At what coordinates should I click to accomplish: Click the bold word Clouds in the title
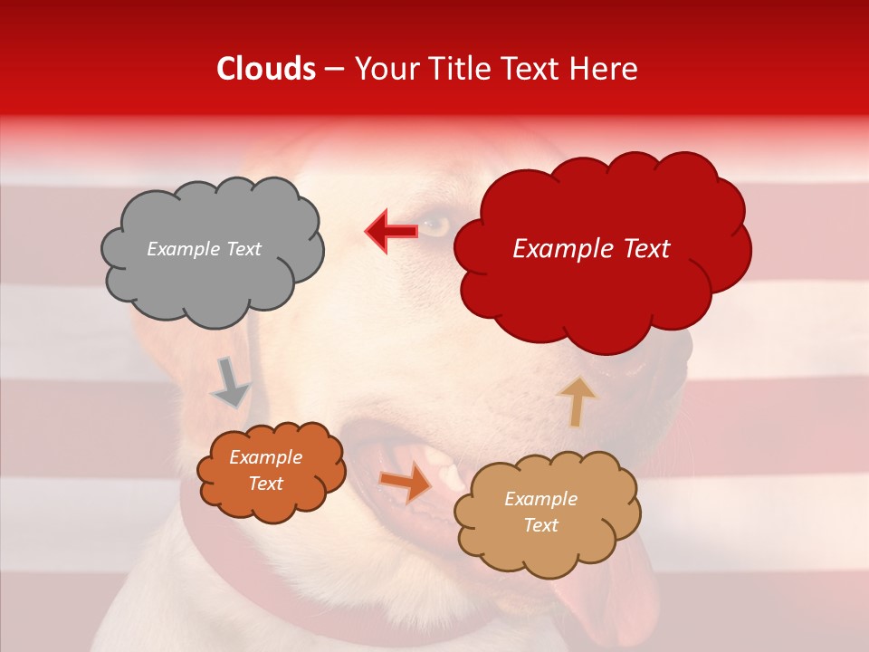pyautogui.click(x=266, y=69)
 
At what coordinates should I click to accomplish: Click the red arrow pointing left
pyautogui.click(x=392, y=232)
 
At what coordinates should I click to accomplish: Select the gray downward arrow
pyautogui.click(x=232, y=382)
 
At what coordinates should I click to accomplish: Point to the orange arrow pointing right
pyautogui.click(x=405, y=482)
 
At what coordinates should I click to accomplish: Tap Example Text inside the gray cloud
pyautogui.click(x=204, y=249)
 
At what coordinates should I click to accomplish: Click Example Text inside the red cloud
pyautogui.click(x=591, y=249)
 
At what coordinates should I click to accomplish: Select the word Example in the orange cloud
pyautogui.click(x=265, y=458)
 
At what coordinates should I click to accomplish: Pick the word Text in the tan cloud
pyautogui.click(x=540, y=526)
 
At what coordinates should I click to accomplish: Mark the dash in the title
pyautogui.click(x=334, y=70)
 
